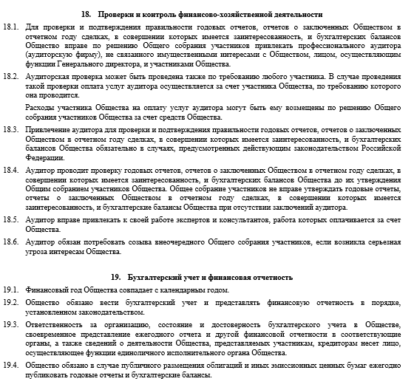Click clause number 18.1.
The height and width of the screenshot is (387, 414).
point(10,27)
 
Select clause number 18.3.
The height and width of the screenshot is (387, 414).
point(10,129)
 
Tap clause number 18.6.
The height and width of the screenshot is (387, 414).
point(10,242)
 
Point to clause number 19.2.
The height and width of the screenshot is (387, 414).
point(10,302)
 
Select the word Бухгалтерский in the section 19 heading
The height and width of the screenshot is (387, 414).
point(157,277)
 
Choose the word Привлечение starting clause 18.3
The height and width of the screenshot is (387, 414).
point(50,129)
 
